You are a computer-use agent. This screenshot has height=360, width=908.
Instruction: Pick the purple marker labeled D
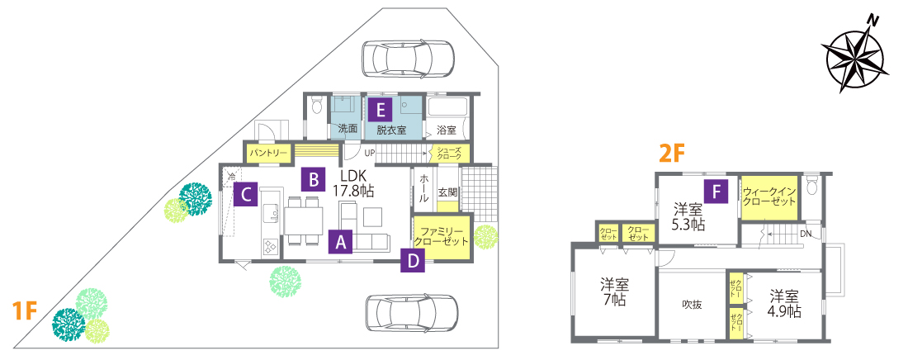pos(413,261)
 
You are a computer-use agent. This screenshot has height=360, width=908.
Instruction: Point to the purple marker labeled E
pos(379,109)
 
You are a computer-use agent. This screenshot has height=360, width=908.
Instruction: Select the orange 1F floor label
pos(25,310)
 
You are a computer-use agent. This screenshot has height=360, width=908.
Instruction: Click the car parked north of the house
pos(408,59)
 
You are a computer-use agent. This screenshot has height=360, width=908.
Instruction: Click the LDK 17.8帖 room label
pos(353,183)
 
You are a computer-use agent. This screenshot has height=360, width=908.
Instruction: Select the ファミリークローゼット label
pos(442,236)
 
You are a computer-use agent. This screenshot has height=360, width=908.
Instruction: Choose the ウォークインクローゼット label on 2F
pos(769,197)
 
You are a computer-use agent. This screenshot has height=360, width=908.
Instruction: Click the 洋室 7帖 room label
pos(614,291)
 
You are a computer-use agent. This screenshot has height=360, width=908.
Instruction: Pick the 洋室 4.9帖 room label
pos(785,303)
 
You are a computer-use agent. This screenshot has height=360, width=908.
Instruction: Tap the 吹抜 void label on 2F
pos(692,305)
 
